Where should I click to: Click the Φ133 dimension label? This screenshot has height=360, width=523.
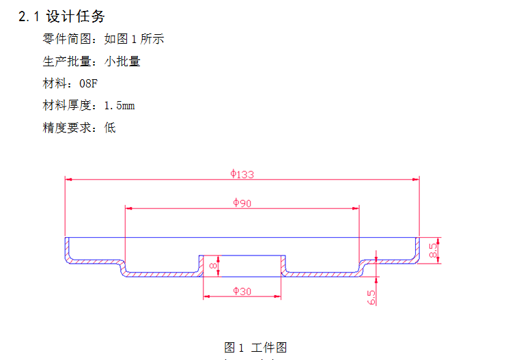tap(242, 174)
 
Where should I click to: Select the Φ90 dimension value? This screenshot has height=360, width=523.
tap(242, 203)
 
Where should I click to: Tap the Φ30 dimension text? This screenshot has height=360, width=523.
tap(242, 291)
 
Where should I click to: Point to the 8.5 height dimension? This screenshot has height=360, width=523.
tap(433, 250)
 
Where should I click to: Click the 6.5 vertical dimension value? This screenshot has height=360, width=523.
tap(371, 297)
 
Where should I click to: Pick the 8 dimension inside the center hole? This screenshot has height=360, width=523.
tap(213, 266)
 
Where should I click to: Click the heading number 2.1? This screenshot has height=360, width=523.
tap(28, 16)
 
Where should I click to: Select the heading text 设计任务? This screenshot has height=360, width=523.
tap(75, 16)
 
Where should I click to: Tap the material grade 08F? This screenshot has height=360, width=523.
tap(89, 84)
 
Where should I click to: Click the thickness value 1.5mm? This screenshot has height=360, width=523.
tap(119, 106)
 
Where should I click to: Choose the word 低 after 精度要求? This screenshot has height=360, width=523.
tap(110, 128)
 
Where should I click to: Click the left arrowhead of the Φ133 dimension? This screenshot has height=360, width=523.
tap(68, 180)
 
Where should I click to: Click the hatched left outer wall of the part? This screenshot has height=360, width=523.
tap(68, 250)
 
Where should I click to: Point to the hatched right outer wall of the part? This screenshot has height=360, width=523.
tap(416, 250)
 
